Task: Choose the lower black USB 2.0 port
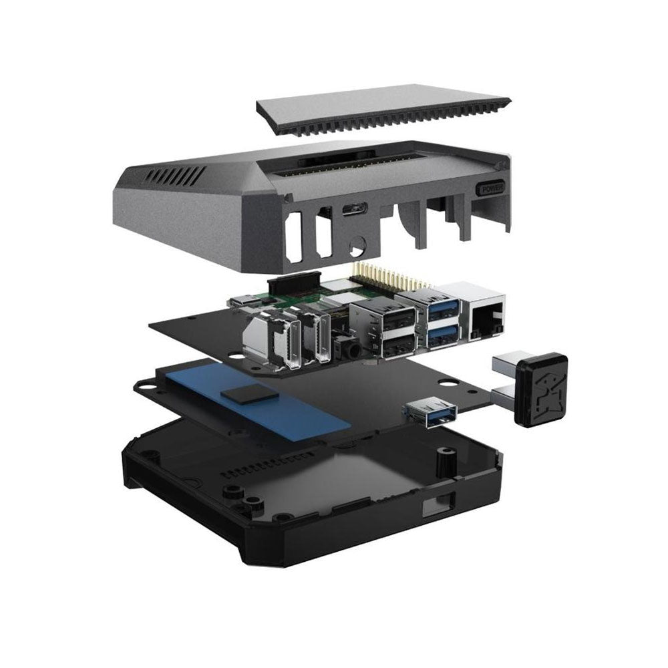click(x=399, y=345)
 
